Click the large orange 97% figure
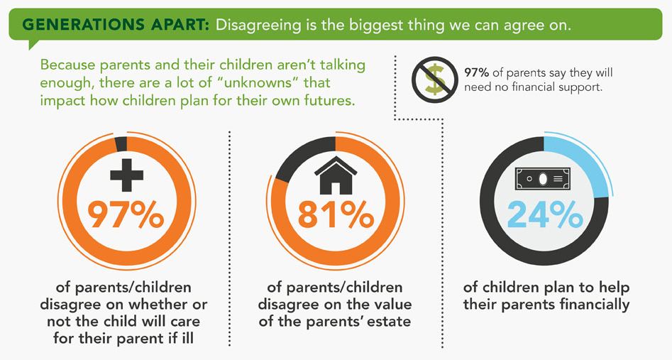(x=126, y=214)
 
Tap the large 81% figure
(x=336, y=214)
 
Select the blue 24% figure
(x=545, y=214)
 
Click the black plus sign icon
(x=126, y=174)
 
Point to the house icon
(x=336, y=175)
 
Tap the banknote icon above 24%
(x=543, y=178)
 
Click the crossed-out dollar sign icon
(x=434, y=80)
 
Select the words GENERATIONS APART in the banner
(x=116, y=24)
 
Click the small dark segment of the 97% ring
(x=121, y=143)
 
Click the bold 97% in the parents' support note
(x=477, y=72)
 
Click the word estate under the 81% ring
(x=387, y=322)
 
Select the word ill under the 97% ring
(x=187, y=338)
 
